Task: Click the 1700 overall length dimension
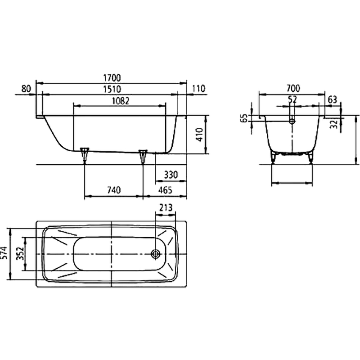[112, 78]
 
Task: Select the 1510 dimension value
[112, 89]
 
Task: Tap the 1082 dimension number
[121, 101]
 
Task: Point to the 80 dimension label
[26, 88]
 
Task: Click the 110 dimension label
[198, 88]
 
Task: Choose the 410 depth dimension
[199, 135]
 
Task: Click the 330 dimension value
[171, 175]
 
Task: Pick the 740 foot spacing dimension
[114, 190]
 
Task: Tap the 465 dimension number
[165, 190]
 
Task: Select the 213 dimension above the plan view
[166, 208]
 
